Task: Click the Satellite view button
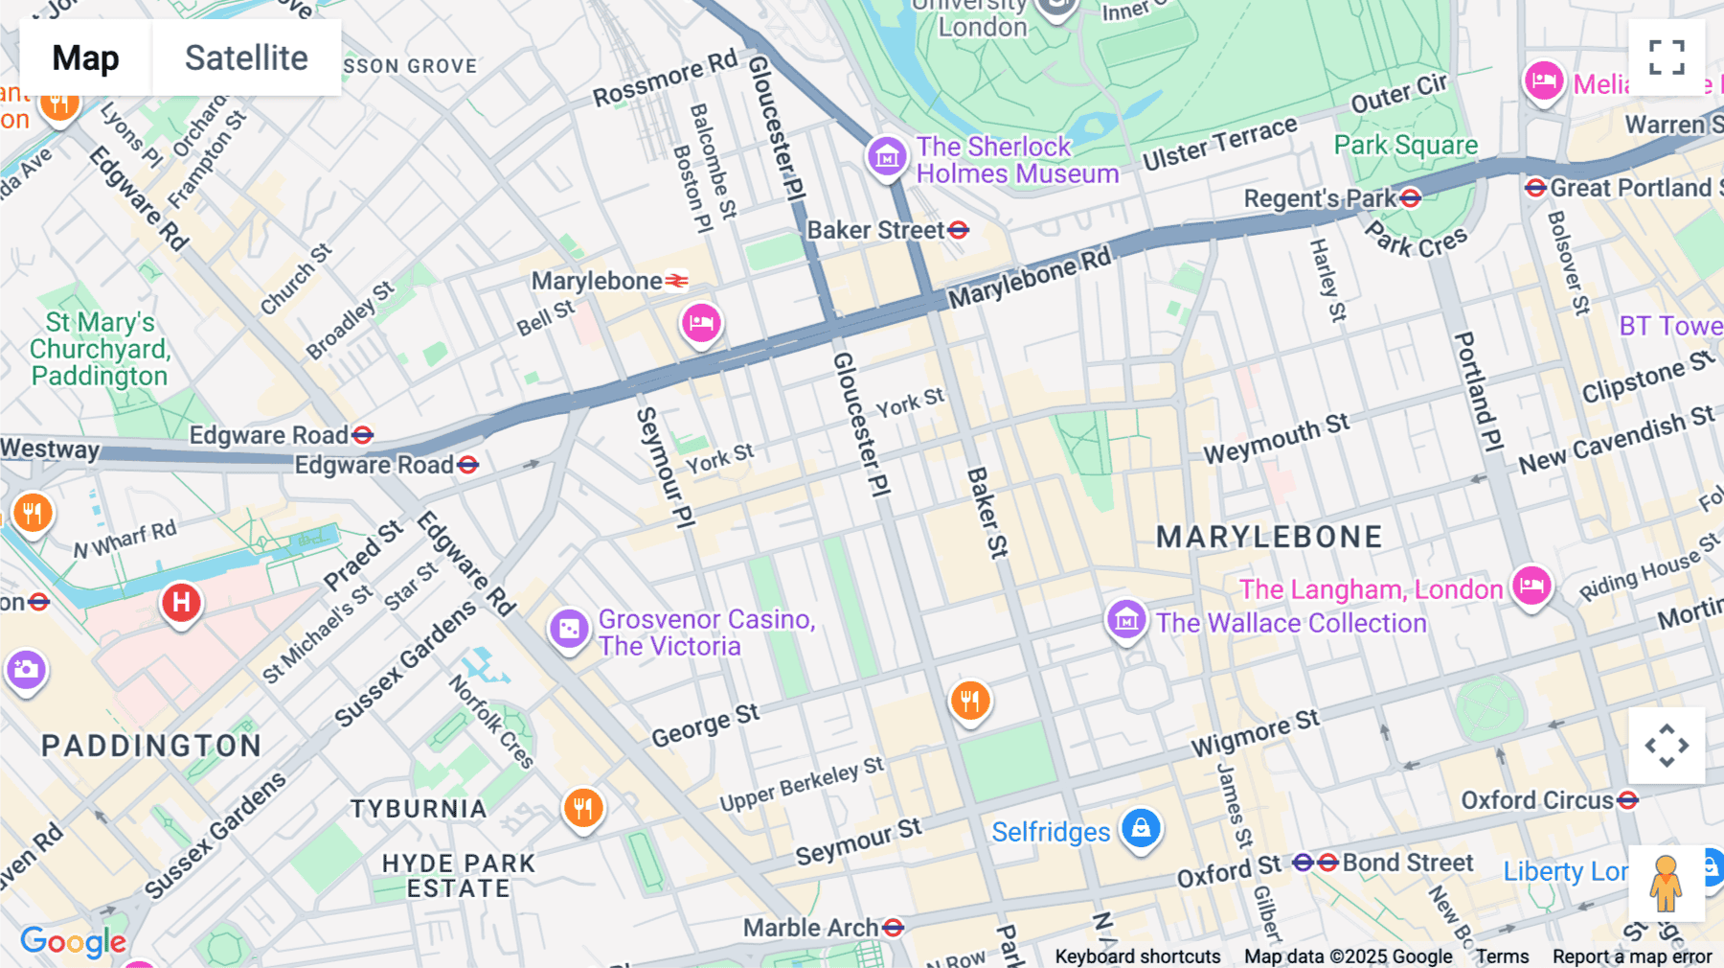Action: [246, 58]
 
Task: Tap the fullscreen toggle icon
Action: [1667, 58]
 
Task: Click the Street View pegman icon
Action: [1666, 884]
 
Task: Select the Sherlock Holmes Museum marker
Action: [887, 155]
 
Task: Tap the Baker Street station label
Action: [875, 231]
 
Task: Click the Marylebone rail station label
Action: [597, 281]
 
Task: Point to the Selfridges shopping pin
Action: [1141, 828]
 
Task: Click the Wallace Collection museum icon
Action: [1126, 620]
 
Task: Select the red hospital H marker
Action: [181, 603]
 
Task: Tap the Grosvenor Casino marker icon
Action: [569, 630]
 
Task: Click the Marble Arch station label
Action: [810, 928]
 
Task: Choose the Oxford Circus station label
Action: [1536, 800]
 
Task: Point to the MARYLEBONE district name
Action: [1269, 538]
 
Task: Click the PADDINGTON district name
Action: [151, 746]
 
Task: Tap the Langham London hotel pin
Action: [1531, 585]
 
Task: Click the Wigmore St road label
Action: [1255, 734]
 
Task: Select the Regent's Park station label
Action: [1320, 199]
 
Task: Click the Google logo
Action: [73, 942]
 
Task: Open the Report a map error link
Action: [1632, 956]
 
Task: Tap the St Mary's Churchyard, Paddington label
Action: [100, 350]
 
